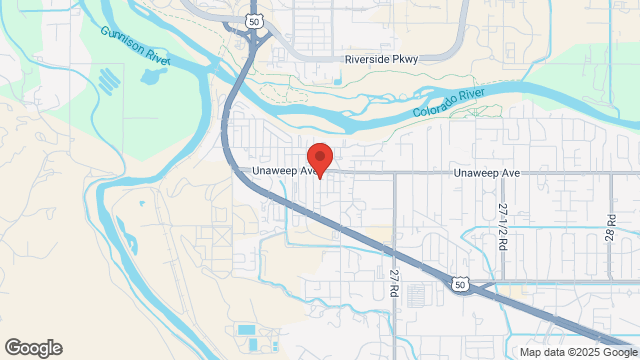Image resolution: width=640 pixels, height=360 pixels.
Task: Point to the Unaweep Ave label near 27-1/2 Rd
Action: click(x=487, y=173)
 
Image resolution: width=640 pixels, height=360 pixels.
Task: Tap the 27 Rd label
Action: click(x=394, y=281)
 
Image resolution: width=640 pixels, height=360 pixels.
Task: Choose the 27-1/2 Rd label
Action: click(x=502, y=225)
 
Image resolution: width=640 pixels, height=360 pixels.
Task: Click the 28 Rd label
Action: click(x=609, y=225)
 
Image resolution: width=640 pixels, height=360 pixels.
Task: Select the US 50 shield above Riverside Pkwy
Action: click(x=254, y=21)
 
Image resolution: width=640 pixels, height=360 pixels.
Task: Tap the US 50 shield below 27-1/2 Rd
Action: click(x=459, y=285)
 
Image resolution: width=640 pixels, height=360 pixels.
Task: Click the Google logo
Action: click(x=32, y=348)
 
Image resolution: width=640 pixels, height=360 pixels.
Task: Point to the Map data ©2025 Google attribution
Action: click(x=577, y=352)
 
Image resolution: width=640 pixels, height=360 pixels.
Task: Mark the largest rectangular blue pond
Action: click(x=247, y=329)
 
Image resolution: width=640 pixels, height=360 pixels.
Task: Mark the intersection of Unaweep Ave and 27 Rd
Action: click(x=394, y=172)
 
